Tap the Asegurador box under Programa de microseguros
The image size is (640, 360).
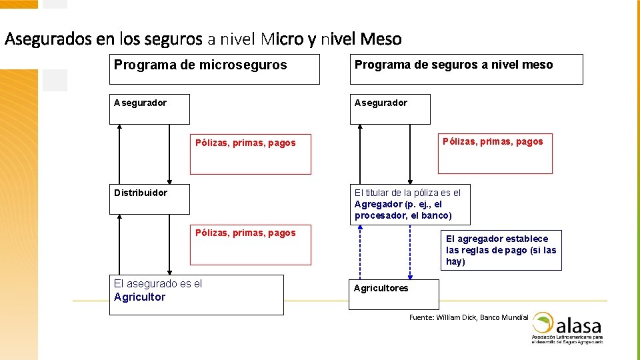click(149, 109)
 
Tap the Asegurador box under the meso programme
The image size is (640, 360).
click(390, 109)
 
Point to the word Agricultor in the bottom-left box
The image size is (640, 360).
click(139, 297)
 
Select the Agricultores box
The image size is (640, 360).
click(394, 294)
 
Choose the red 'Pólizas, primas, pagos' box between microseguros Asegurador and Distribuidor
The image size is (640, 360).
click(250, 155)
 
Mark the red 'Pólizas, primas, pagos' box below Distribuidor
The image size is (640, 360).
click(250, 245)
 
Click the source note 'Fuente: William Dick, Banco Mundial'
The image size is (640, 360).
click(468, 317)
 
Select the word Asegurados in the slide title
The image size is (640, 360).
click(48, 39)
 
